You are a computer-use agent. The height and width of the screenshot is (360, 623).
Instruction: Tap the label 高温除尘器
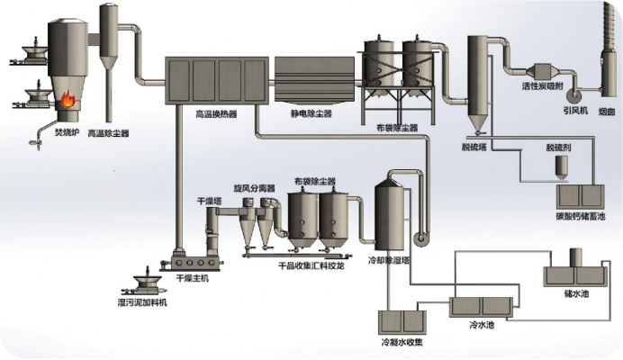pos(108,133)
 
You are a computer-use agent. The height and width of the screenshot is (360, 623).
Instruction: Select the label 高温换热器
pos(215,114)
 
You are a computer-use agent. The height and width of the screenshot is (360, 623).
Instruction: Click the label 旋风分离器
pos(253,189)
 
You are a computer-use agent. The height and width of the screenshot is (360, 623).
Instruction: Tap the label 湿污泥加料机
pos(143,301)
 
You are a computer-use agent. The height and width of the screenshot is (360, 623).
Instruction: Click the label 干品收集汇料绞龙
pos(310,265)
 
